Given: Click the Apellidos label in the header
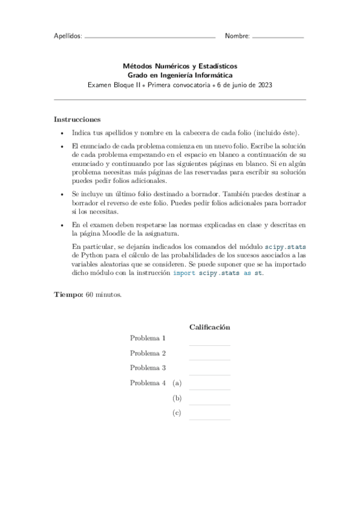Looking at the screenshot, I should pyautogui.click(x=68, y=36).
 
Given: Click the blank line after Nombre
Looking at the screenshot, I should pyautogui.click(x=278, y=38).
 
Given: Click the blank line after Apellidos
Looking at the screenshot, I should pyautogui.click(x=150, y=38).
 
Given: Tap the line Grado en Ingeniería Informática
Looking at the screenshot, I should pyautogui.click(x=180, y=75).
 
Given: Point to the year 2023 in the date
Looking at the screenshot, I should pyautogui.click(x=264, y=85).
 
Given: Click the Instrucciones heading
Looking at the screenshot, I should pyautogui.click(x=77, y=119).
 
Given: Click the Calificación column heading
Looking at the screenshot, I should pyautogui.click(x=210, y=327).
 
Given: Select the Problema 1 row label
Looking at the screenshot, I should pyautogui.click(x=148, y=339).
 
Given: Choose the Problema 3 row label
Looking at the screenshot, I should pyautogui.click(x=148, y=368).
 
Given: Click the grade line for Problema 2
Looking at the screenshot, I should pyautogui.click(x=210, y=360).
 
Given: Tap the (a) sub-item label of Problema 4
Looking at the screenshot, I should pyautogui.click(x=177, y=383).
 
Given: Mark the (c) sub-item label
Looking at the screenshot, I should pyautogui.click(x=177, y=413).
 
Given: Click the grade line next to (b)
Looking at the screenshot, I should pyautogui.click(x=210, y=404).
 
